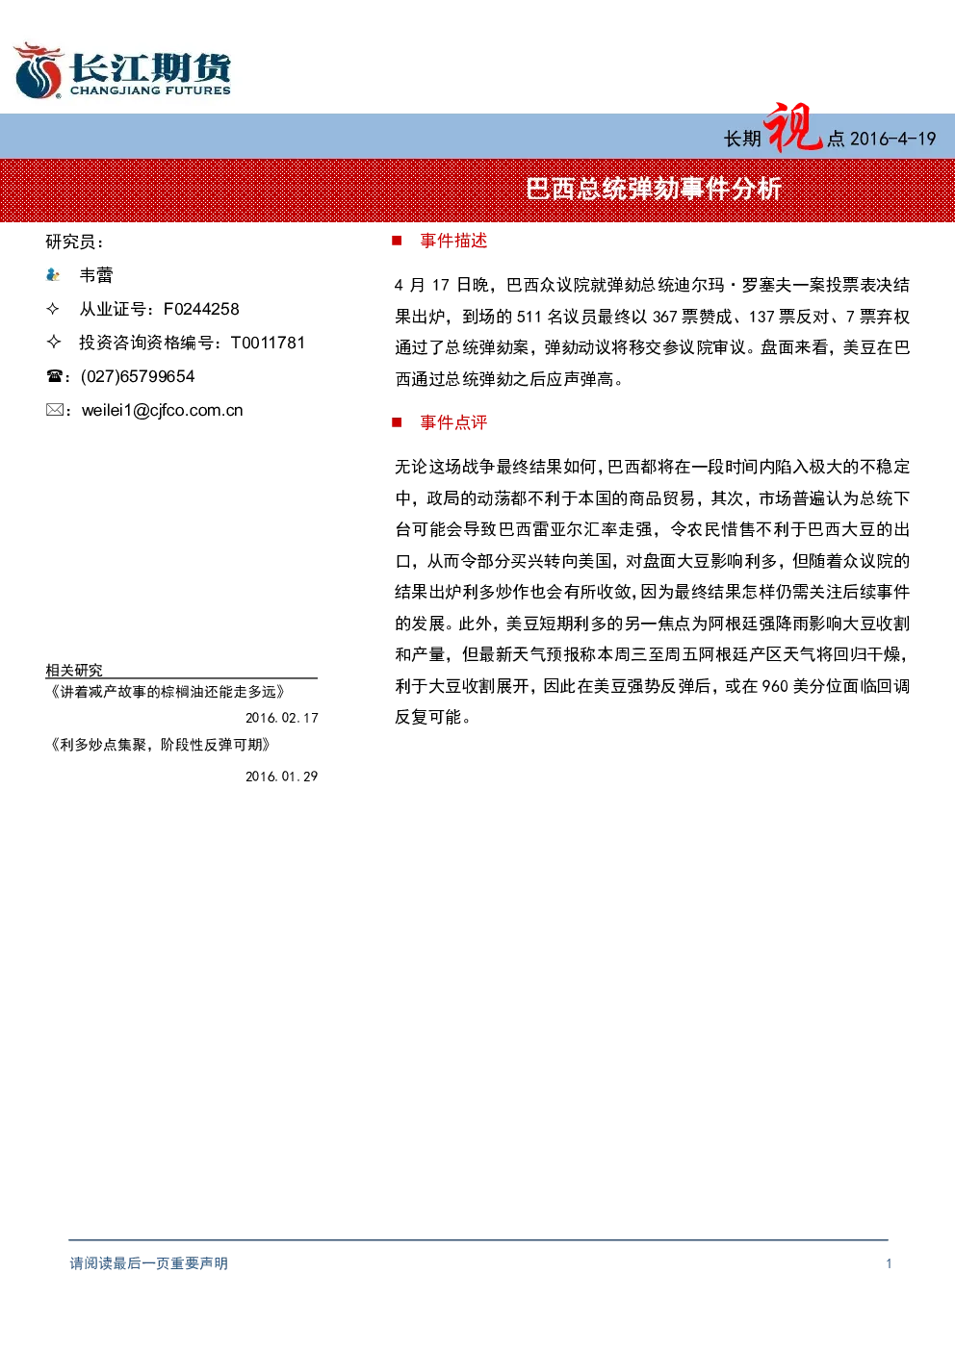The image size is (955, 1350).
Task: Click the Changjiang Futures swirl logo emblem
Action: [39, 70]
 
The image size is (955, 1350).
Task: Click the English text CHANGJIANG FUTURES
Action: [150, 90]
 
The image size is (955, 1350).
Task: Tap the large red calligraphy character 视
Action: [791, 128]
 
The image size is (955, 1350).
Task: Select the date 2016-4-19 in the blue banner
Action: [892, 140]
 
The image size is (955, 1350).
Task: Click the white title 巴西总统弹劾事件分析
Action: [654, 190]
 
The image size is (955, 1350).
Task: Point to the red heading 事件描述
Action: [453, 242]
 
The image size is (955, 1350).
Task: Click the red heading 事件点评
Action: [453, 422]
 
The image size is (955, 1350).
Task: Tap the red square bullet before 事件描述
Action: [397, 241]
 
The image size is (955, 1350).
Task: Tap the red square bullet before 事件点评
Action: [397, 421]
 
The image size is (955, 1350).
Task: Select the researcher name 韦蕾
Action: [96, 275]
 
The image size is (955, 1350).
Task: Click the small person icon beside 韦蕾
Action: [53, 275]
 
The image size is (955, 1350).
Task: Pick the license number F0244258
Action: [201, 309]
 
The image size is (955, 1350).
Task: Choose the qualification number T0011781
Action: [268, 343]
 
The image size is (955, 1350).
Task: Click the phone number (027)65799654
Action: [138, 376]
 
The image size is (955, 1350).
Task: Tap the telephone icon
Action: [54, 376]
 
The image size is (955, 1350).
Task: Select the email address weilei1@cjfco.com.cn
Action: [162, 411]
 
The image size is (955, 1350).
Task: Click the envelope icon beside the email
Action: [54, 410]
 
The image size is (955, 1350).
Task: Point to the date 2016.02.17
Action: [281, 718]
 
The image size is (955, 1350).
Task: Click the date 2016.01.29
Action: [281, 777]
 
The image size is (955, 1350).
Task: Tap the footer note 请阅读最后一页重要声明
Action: [149, 1263]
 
